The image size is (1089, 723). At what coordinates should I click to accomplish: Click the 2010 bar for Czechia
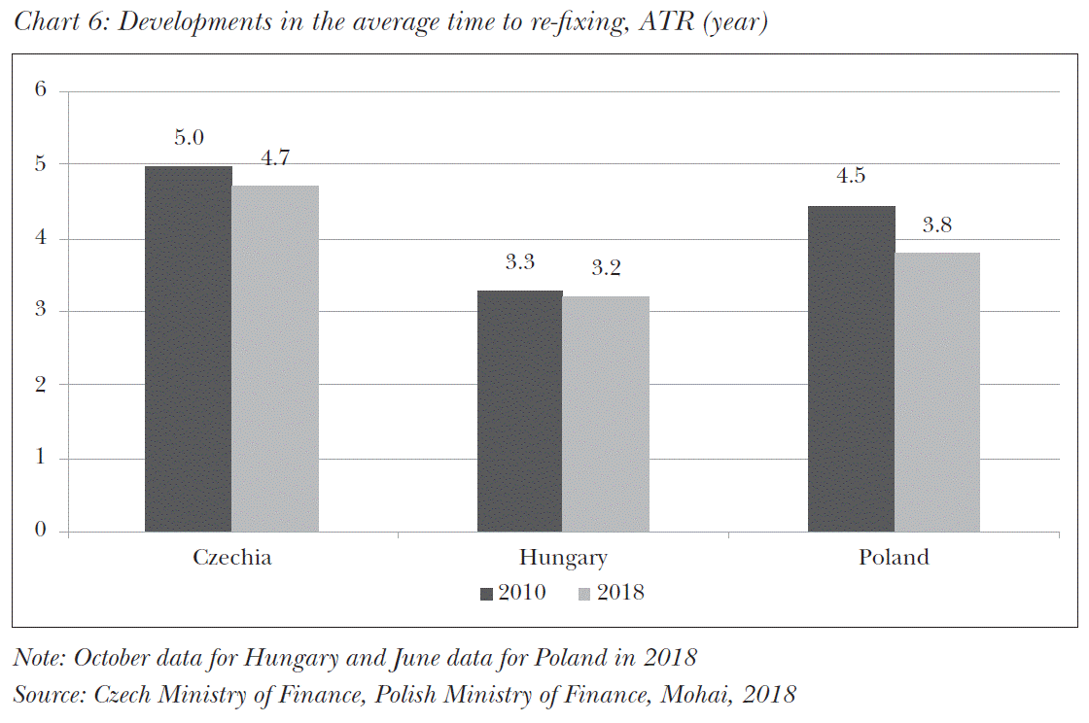(188, 349)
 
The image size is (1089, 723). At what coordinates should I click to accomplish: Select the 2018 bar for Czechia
(275, 359)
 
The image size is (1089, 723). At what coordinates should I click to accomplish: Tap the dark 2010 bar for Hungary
(519, 411)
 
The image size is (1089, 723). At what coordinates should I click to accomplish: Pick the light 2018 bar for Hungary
(606, 414)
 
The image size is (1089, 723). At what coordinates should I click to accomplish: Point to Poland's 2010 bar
(851, 368)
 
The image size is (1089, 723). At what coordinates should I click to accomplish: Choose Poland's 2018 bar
(937, 392)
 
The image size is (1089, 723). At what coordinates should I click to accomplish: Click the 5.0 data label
(189, 138)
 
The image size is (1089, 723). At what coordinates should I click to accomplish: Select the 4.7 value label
(275, 158)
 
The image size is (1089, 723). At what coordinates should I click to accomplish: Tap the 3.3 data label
(519, 262)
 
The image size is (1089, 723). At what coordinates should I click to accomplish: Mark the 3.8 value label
(937, 225)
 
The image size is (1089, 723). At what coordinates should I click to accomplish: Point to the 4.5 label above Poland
(851, 177)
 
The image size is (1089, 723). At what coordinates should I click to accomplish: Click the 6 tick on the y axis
(40, 90)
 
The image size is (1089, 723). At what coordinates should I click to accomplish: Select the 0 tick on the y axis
(40, 531)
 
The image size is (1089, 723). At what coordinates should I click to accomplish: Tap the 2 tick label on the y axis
(40, 384)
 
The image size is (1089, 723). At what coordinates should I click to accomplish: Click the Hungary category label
(563, 559)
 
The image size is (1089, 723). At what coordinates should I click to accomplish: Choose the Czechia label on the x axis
(231, 558)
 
